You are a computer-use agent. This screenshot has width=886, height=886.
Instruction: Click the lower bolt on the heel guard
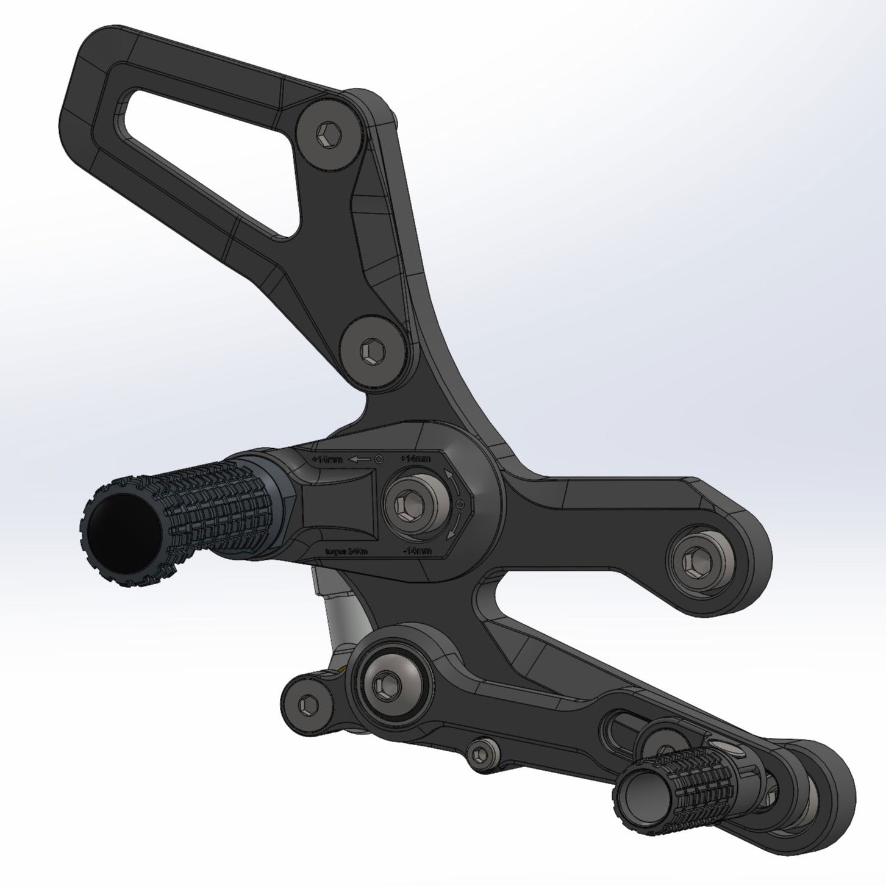(371, 349)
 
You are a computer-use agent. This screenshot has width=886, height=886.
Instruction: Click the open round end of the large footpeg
(124, 531)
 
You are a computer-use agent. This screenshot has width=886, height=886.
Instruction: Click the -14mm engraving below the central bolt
(417, 551)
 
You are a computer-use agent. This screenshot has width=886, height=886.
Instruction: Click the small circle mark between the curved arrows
(459, 504)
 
